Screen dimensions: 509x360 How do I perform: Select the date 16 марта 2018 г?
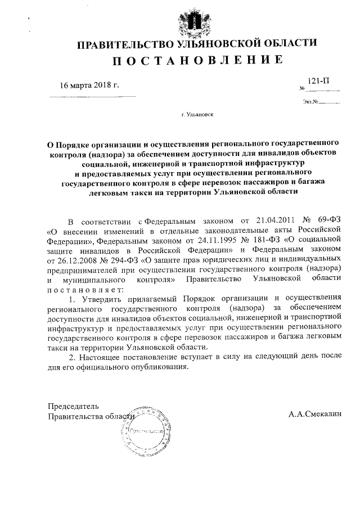[90, 85]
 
